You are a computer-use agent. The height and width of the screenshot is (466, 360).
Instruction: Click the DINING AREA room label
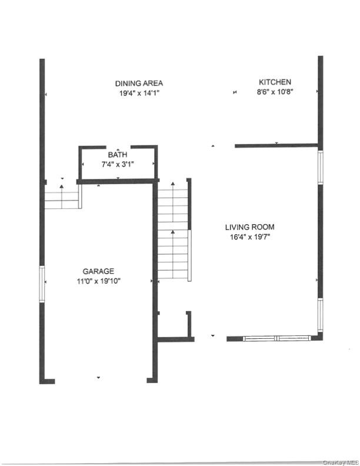(x=139, y=83)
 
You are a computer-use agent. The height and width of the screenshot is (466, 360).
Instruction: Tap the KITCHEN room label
(x=275, y=82)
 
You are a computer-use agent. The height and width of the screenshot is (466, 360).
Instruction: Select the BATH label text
(x=118, y=155)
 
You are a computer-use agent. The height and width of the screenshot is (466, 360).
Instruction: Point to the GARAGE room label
(x=98, y=271)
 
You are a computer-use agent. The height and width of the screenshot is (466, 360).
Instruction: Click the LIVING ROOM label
(x=249, y=227)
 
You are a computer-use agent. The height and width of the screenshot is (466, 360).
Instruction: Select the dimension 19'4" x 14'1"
(x=139, y=92)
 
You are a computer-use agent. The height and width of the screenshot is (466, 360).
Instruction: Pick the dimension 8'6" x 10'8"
(x=275, y=92)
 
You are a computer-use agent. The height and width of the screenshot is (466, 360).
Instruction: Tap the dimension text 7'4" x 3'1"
(x=118, y=164)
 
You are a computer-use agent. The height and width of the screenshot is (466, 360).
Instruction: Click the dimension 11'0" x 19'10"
(x=98, y=281)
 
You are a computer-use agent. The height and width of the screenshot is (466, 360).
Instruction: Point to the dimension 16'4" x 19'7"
(x=249, y=237)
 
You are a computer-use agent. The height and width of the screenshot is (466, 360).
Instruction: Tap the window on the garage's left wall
(x=42, y=284)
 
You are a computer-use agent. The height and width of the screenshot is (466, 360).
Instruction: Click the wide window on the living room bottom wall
(x=276, y=338)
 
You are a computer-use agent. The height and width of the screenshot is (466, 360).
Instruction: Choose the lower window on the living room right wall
(x=321, y=316)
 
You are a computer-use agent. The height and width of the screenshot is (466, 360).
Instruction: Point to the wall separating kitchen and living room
(x=276, y=145)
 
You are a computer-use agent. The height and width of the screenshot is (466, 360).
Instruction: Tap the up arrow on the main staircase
(x=173, y=234)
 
